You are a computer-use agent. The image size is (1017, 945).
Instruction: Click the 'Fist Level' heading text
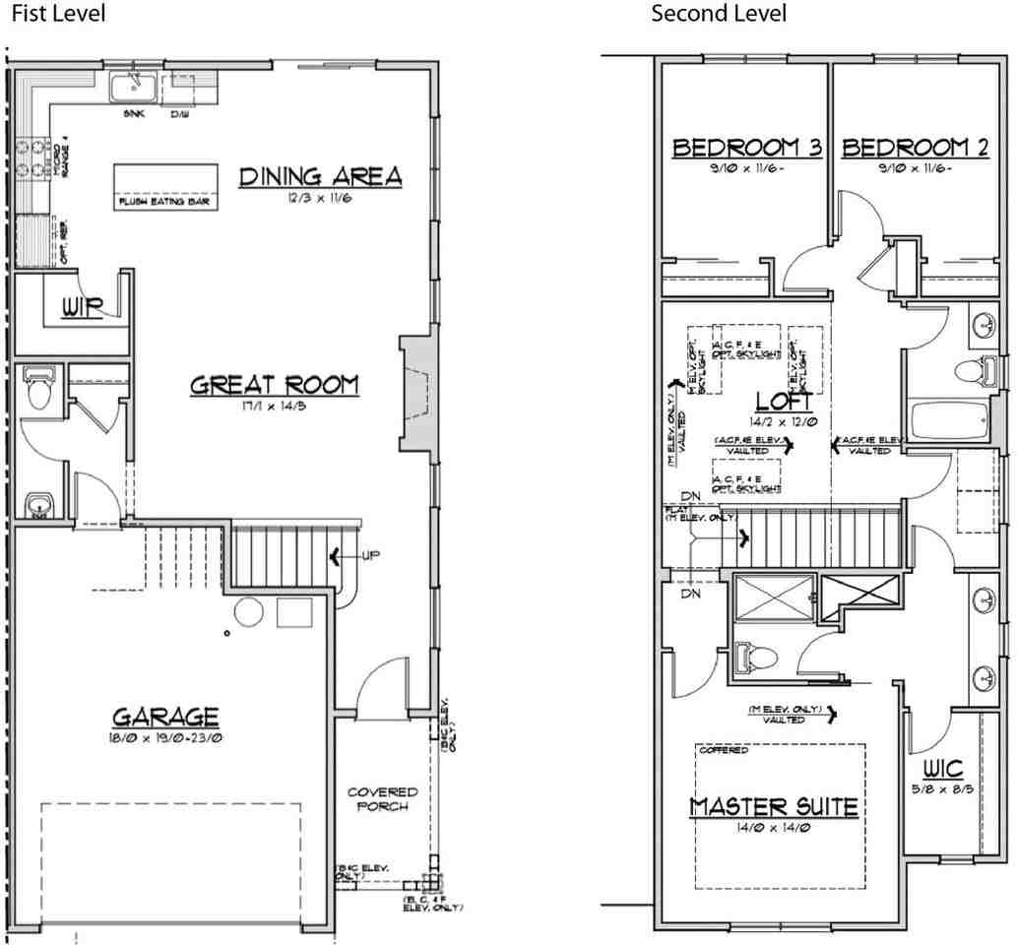[56, 14]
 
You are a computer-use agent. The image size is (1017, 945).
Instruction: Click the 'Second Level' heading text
[719, 14]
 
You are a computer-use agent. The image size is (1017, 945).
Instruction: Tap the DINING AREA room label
[321, 176]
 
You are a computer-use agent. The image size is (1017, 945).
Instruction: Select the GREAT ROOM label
[275, 385]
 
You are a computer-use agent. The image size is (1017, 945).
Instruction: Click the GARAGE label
[165, 716]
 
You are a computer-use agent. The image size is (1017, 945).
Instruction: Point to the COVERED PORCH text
[382, 798]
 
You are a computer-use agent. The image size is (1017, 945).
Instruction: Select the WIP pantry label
[82, 308]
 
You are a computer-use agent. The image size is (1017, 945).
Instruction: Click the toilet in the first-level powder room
[40, 389]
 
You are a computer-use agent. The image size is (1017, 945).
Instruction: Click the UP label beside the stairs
[370, 556]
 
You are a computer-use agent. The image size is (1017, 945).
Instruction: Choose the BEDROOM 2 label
[916, 148]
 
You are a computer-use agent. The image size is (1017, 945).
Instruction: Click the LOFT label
[784, 402]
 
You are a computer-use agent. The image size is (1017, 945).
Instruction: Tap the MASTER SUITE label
[773, 807]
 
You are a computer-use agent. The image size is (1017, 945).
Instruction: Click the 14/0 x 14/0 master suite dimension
[773, 829]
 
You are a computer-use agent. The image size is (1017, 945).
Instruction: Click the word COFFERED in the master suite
[724, 751]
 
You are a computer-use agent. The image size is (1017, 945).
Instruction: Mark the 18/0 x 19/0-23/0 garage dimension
[165, 737]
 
